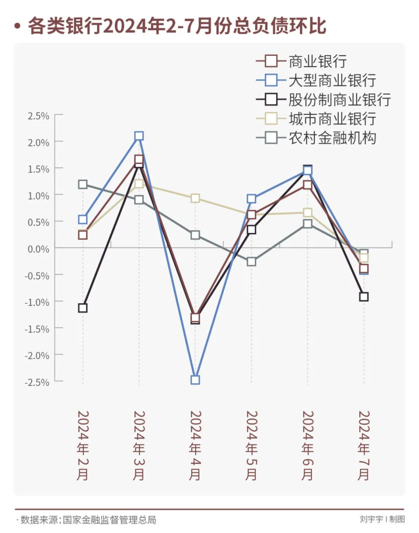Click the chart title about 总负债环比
[x=177, y=26]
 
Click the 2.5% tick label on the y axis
[x=39, y=116]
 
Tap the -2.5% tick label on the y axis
[x=38, y=382]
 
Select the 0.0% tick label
[x=39, y=249]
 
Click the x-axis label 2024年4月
[x=195, y=446]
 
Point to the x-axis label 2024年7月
[x=364, y=446]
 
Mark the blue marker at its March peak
[x=139, y=136]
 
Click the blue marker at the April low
[x=195, y=380]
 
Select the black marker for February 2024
[x=82, y=308]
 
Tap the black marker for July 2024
[x=364, y=297]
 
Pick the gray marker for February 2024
[x=82, y=184]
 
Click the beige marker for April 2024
[x=195, y=198]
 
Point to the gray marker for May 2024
[x=251, y=262]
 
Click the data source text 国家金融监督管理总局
[x=109, y=520]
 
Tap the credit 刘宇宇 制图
[x=382, y=519]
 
